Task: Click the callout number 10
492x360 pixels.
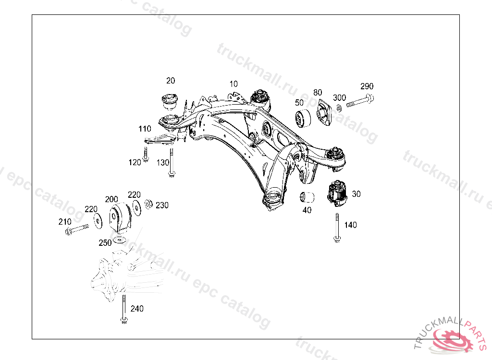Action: pyautogui.click(x=234, y=84)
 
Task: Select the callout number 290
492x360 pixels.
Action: pyautogui.click(x=367, y=86)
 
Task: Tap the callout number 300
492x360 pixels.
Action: pyautogui.click(x=339, y=97)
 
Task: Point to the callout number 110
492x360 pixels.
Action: pyautogui.click(x=145, y=129)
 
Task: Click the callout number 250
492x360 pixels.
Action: pyautogui.click(x=105, y=243)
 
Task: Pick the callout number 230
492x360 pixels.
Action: pyautogui.click(x=162, y=205)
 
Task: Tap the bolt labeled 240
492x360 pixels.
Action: pyautogui.click(x=124, y=310)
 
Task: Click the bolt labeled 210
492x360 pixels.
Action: pyautogui.click(x=76, y=229)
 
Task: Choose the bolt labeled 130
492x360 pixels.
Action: pyautogui.click(x=171, y=163)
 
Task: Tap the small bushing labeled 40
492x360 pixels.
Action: pyautogui.click(x=307, y=196)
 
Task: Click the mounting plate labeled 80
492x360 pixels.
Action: pyautogui.click(x=323, y=114)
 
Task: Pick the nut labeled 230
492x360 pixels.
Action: pyautogui.click(x=149, y=204)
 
